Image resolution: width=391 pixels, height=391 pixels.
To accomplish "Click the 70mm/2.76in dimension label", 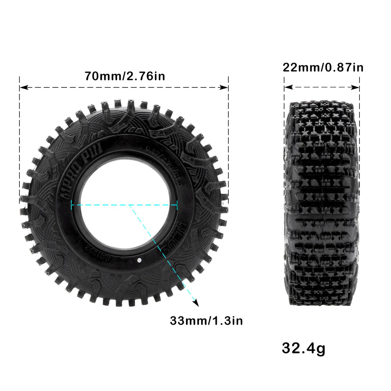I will [124, 75].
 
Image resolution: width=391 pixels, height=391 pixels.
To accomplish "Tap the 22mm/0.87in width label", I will [323, 68].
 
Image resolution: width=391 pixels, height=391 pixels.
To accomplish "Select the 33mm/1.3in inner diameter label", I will [206, 321].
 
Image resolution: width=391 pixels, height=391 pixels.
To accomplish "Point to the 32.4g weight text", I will [303, 348].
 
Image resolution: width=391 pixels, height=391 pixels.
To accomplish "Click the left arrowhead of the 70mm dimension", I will [23, 87].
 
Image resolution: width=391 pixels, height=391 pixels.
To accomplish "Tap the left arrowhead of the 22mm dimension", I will [287, 87].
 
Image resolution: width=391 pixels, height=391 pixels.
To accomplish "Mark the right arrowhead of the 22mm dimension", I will [357, 87].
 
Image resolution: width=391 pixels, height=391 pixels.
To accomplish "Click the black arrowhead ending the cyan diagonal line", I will [195, 303].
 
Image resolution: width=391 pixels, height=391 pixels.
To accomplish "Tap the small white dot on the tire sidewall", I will [139, 260].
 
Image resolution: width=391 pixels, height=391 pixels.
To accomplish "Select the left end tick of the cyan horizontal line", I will [71, 205].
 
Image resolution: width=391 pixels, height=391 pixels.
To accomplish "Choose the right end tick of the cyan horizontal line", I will [177, 205].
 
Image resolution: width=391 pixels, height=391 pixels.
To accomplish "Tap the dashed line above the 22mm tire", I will [321, 87].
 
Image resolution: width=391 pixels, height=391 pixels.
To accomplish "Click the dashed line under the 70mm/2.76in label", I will [124, 87].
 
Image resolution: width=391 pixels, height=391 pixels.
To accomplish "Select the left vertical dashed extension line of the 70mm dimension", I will [19, 138].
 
